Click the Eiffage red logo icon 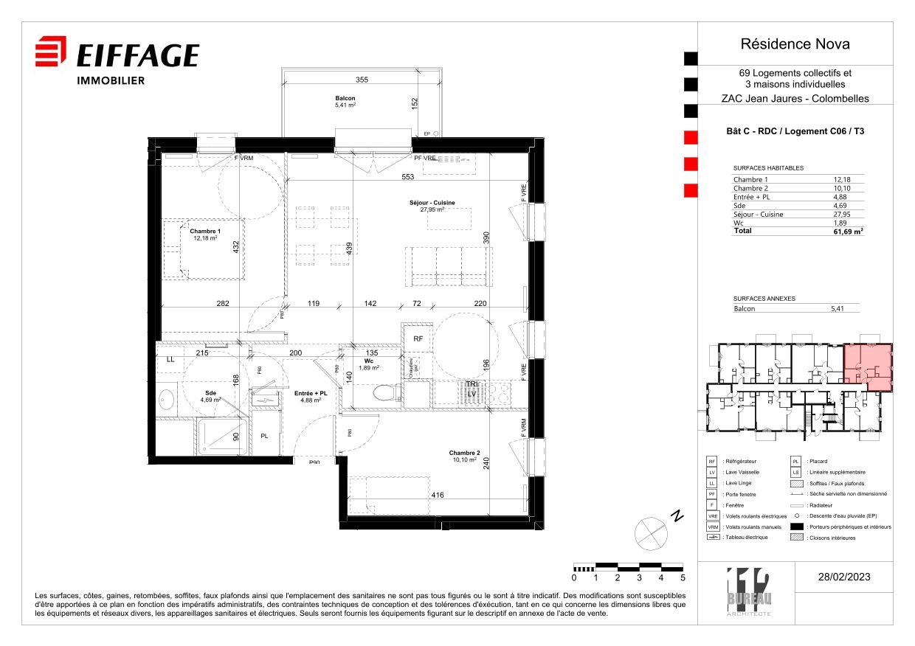point(51,52)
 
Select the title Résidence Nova point(795,44)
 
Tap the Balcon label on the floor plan point(345,99)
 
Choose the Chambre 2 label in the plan point(464,453)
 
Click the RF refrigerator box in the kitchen point(418,339)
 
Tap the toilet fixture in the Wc point(383,394)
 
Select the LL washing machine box point(170,359)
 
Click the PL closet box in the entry point(264,437)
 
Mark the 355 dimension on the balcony point(361,80)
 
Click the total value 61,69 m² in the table point(848,231)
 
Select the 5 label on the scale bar point(683,578)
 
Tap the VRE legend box point(713,516)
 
